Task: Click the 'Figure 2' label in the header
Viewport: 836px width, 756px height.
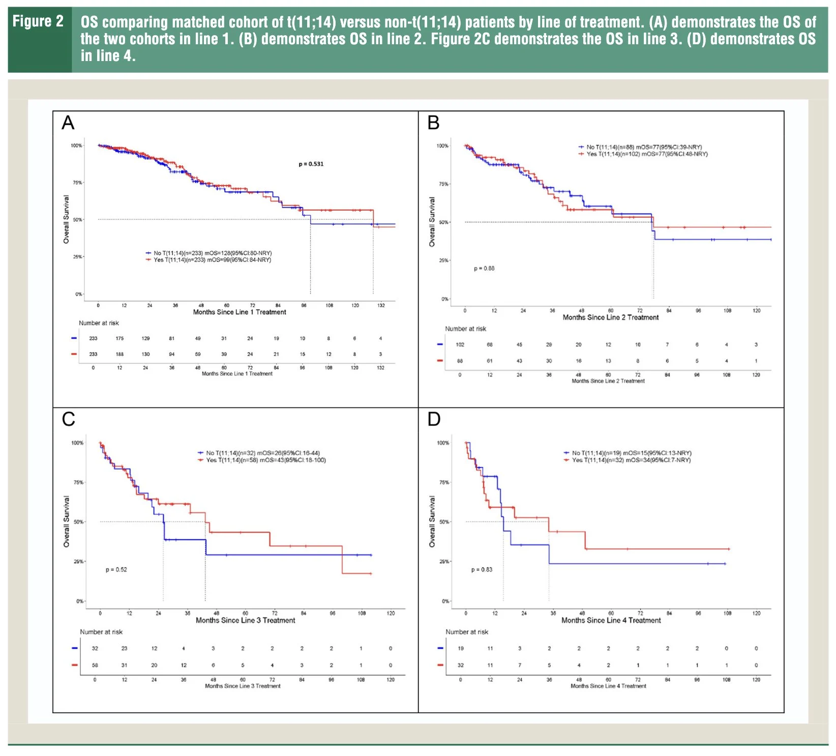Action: [x=38, y=21]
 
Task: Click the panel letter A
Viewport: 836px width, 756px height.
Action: [x=68, y=123]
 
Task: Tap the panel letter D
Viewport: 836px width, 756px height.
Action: [x=434, y=420]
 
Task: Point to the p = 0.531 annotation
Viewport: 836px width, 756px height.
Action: [x=311, y=164]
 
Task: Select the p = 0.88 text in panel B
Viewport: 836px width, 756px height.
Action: [x=484, y=268]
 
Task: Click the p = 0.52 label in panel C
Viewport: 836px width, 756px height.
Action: [x=116, y=569]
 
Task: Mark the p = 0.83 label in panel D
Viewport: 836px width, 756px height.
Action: [x=482, y=569]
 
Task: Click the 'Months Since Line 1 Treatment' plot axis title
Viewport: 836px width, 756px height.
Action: [x=240, y=312]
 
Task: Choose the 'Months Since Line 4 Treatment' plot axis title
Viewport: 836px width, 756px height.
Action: [x=611, y=620]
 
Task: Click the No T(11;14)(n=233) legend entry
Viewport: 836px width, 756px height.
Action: [x=212, y=253]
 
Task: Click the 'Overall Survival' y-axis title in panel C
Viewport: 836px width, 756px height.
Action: [x=66, y=521]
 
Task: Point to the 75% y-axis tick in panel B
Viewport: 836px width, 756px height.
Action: [x=443, y=184]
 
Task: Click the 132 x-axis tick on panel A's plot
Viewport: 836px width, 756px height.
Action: [x=381, y=305]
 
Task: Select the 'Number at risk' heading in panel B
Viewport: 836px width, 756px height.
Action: [x=465, y=329]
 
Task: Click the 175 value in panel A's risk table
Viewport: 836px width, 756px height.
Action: [x=120, y=338]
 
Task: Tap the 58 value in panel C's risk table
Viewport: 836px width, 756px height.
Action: [x=95, y=665]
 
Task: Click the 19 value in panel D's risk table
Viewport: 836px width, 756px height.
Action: [x=461, y=648]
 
